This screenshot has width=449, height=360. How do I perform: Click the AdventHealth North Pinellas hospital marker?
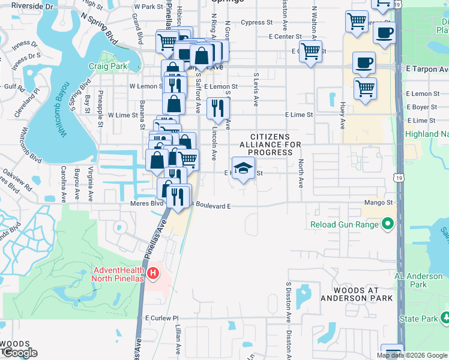click(153, 274)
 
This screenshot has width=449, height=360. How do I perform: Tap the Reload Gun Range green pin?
click(388, 224)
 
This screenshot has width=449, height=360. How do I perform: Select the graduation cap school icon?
click(243, 169)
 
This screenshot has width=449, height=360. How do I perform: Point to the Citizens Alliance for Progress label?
click(267, 145)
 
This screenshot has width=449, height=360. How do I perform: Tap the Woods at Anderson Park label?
click(357, 294)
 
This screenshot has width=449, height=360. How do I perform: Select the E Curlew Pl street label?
click(162, 318)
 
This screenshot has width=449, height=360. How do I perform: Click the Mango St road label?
click(378, 203)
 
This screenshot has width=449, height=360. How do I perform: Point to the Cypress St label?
click(256, 23)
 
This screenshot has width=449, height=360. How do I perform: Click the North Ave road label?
click(301, 173)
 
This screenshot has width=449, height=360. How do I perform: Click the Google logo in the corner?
click(19, 353)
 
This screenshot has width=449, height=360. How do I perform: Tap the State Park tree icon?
click(445, 316)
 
